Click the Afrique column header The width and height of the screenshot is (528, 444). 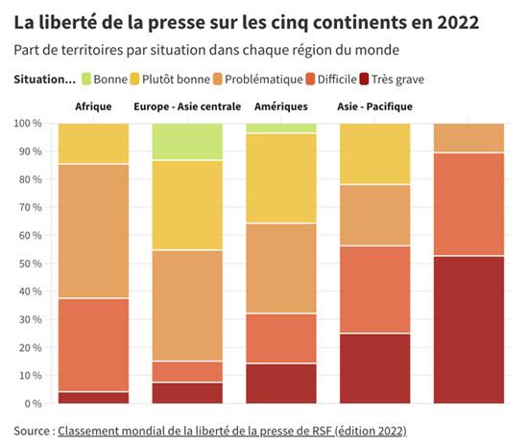[93, 106]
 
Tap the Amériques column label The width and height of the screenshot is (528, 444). [281, 106]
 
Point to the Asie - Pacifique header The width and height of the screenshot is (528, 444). [375, 106]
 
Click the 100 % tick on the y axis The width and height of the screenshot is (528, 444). [29, 124]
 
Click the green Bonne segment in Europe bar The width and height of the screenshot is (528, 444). [187, 141]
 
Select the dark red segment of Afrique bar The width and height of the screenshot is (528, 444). [93, 397]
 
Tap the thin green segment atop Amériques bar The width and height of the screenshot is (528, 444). [281, 128]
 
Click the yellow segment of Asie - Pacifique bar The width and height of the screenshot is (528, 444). [375, 153]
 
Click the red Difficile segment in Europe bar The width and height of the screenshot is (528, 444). [187, 371]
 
